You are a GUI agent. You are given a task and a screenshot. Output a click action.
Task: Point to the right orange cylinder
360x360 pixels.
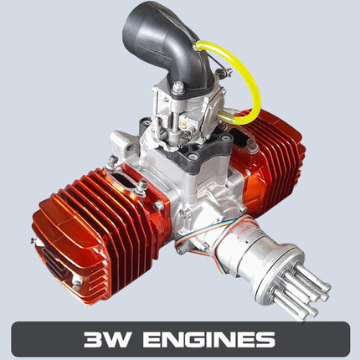pos(272,151)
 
